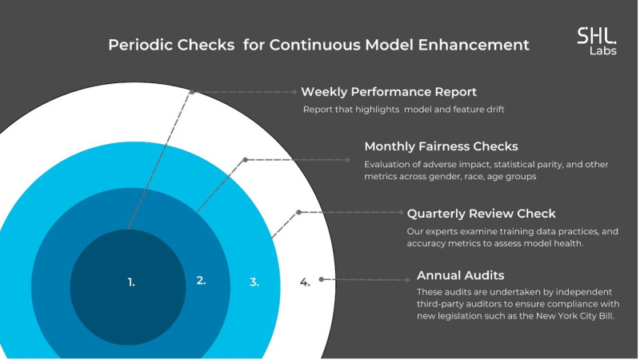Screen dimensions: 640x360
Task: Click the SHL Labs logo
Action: (x=597, y=41)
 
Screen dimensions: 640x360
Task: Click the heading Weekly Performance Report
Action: (x=389, y=92)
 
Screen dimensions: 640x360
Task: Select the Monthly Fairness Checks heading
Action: (x=441, y=146)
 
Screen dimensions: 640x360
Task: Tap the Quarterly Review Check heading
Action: (x=482, y=214)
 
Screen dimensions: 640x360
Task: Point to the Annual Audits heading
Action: (x=461, y=275)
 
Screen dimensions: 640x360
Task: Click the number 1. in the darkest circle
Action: (x=131, y=282)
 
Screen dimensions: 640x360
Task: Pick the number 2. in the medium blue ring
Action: (x=201, y=281)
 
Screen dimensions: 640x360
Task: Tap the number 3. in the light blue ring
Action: (x=254, y=282)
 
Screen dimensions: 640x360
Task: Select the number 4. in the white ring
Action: (x=305, y=282)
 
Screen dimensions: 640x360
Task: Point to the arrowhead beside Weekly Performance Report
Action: (x=295, y=92)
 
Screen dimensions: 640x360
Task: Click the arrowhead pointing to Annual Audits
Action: (x=407, y=280)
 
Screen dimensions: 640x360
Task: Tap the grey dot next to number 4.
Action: (x=322, y=279)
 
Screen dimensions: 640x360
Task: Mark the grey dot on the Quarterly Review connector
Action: (x=298, y=212)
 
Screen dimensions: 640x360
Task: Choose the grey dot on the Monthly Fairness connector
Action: (x=245, y=160)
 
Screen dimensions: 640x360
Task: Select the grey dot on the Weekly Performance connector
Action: (x=192, y=92)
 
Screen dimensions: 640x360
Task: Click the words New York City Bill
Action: (x=574, y=316)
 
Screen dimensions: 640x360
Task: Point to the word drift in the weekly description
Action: (x=494, y=110)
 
